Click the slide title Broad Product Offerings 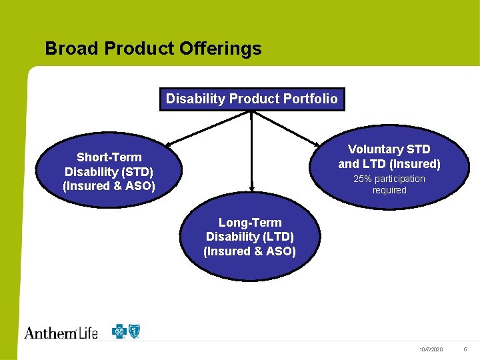pos(153,49)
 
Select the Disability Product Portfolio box pos(251,99)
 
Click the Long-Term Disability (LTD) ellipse pos(250,237)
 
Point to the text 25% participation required pos(389,185)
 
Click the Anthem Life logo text pos(61,332)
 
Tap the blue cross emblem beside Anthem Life pos(120,331)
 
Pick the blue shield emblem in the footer pos(135,331)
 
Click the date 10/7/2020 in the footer pos(431,350)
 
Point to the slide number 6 pos(465,350)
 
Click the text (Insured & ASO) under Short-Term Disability pos(109,186)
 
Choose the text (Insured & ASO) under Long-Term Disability pos(250,251)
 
